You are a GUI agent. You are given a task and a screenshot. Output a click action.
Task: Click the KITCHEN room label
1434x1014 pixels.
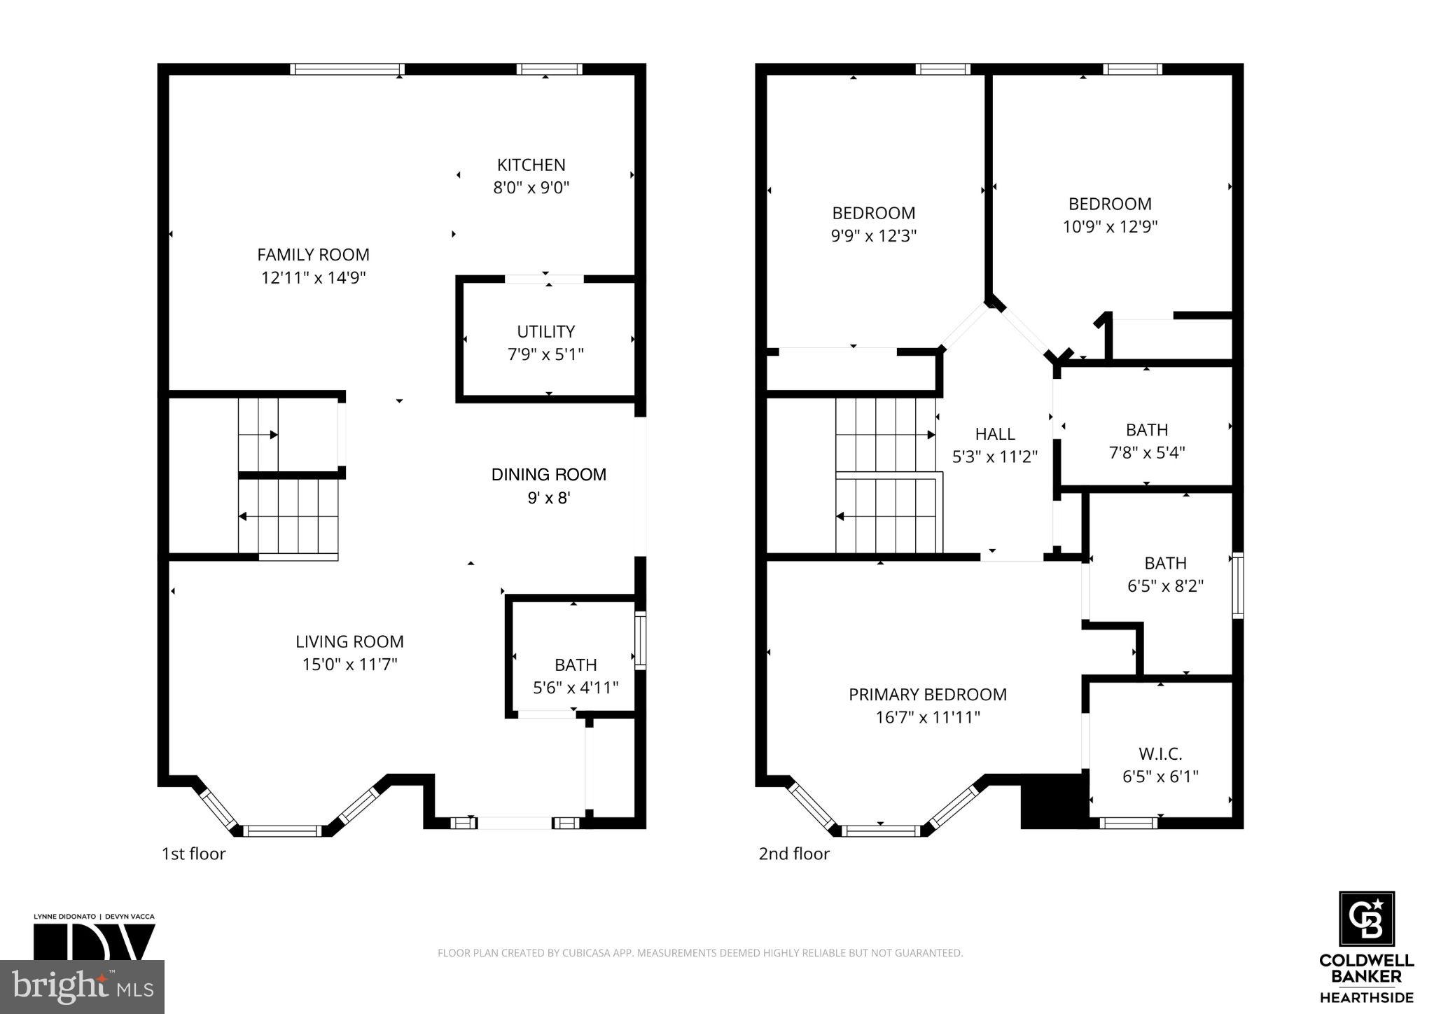[531, 165]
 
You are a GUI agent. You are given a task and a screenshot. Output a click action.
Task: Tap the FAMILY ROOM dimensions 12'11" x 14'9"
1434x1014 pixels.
[313, 278]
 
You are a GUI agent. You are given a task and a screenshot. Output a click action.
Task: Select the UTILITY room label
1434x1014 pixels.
[545, 331]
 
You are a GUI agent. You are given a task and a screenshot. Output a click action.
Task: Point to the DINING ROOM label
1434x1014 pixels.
[548, 475]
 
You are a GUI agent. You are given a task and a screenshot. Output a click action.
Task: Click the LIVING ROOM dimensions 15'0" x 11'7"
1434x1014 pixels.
[349, 665]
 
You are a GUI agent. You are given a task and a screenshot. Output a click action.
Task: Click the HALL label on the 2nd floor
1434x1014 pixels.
[994, 434]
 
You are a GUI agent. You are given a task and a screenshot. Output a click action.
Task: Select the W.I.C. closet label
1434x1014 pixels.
[1160, 754]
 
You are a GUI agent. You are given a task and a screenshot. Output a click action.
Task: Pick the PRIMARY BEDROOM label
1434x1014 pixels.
[927, 695]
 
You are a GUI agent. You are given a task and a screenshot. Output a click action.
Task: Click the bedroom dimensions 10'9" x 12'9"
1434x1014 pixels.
[1110, 227]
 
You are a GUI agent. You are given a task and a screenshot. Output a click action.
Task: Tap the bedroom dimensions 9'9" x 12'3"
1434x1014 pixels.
[873, 236]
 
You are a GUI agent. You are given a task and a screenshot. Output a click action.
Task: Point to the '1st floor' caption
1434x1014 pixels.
[193, 854]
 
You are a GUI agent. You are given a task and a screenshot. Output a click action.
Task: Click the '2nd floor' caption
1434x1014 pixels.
[793, 854]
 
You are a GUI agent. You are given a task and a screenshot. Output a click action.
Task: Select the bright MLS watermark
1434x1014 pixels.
[82, 987]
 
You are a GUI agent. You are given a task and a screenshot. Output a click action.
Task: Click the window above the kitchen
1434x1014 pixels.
[549, 69]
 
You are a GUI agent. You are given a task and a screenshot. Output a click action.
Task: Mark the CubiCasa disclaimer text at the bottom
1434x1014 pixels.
[699, 953]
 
